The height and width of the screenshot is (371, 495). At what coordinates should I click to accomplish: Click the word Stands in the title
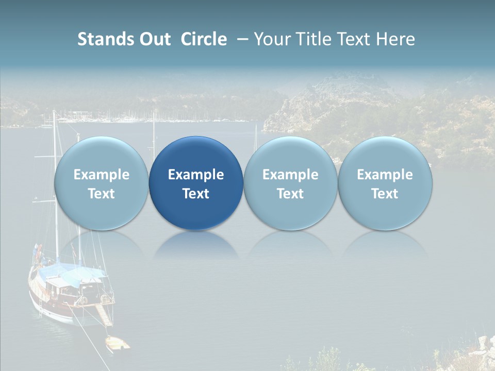pyautogui.click(x=104, y=39)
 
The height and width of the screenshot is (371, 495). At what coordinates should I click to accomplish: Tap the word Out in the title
pyautogui.click(x=154, y=39)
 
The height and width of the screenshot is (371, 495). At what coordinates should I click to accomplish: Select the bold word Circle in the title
pyautogui.click(x=204, y=39)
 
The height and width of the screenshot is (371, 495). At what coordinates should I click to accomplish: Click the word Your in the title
pyautogui.click(x=272, y=39)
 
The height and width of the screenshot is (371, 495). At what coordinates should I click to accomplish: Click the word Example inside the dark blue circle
pyautogui.click(x=195, y=175)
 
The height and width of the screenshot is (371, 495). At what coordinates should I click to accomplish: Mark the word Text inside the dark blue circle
pyautogui.click(x=195, y=194)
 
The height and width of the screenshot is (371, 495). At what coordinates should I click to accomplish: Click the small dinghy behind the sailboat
pyautogui.click(x=118, y=344)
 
